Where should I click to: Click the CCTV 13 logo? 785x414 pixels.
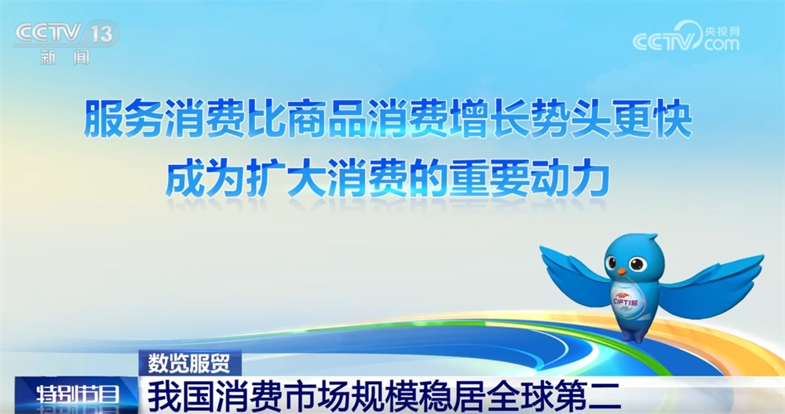point(67,34)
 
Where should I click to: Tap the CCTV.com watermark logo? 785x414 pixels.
point(686,37)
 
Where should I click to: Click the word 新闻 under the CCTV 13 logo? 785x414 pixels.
point(65,57)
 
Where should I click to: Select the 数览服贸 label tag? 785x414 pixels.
point(190,363)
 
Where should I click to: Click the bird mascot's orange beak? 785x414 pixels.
point(621,271)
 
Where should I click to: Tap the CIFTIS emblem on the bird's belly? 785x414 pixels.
point(626,301)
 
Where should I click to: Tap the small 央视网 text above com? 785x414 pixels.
point(722,31)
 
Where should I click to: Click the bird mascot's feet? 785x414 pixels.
point(633,335)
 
